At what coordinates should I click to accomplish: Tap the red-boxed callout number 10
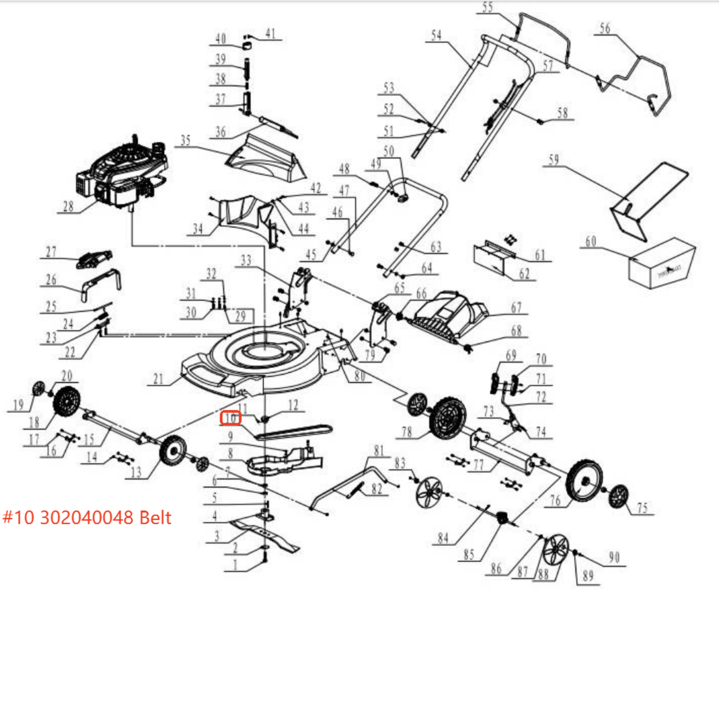pyautogui.click(x=231, y=418)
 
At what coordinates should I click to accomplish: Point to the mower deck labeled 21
pyautogui.click(x=252, y=359)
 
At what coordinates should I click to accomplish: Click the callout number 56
pyautogui.click(x=605, y=28)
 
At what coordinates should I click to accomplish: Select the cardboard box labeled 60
pyautogui.click(x=661, y=263)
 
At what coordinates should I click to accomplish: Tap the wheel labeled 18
pyautogui.click(x=67, y=401)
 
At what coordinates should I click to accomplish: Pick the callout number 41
pyautogui.click(x=270, y=33)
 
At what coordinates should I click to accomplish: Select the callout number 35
pyautogui.click(x=186, y=140)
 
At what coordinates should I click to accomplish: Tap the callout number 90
pyautogui.click(x=614, y=558)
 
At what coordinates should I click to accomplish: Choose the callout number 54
pyautogui.click(x=436, y=35)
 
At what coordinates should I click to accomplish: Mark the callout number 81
pyautogui.click(x=379, y=450)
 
